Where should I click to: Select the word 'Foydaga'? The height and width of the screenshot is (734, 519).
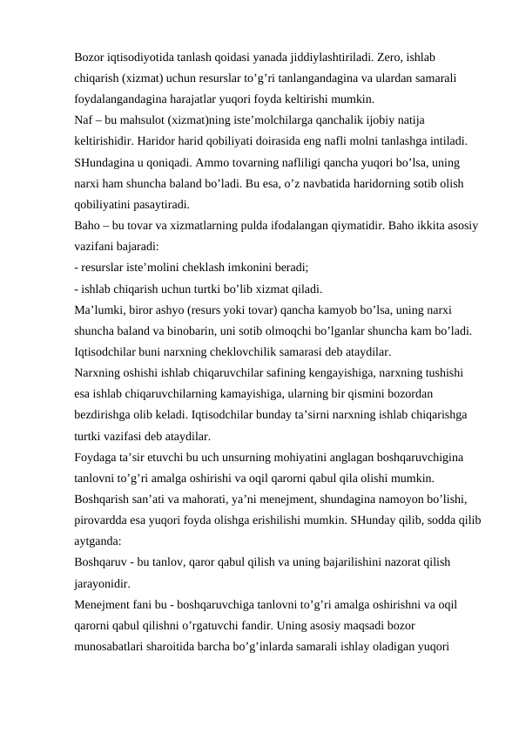98,458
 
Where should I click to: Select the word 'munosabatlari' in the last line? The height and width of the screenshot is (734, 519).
111,647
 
